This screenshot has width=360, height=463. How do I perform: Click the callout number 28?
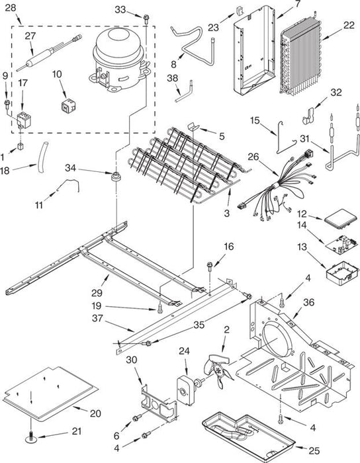tap(11, 8)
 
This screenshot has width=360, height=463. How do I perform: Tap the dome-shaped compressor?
tap(119, 59)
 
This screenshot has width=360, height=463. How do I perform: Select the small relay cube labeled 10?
tap(68, 106)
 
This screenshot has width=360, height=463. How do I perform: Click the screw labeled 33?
tap(146, 19)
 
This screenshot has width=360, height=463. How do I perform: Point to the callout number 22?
tap(349, 25)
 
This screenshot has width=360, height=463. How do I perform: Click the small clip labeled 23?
tap(239, 11)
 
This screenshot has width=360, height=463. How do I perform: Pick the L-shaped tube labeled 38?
tap(184, 91)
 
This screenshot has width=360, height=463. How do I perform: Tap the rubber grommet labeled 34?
tap(115, 177)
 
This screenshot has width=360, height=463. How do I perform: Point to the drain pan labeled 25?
tap(248, 432)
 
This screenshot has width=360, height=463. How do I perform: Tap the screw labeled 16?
tap(210, 267)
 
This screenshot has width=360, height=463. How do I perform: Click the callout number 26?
tap(253, 156)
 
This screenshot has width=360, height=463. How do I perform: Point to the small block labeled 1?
tap(21, 146)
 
